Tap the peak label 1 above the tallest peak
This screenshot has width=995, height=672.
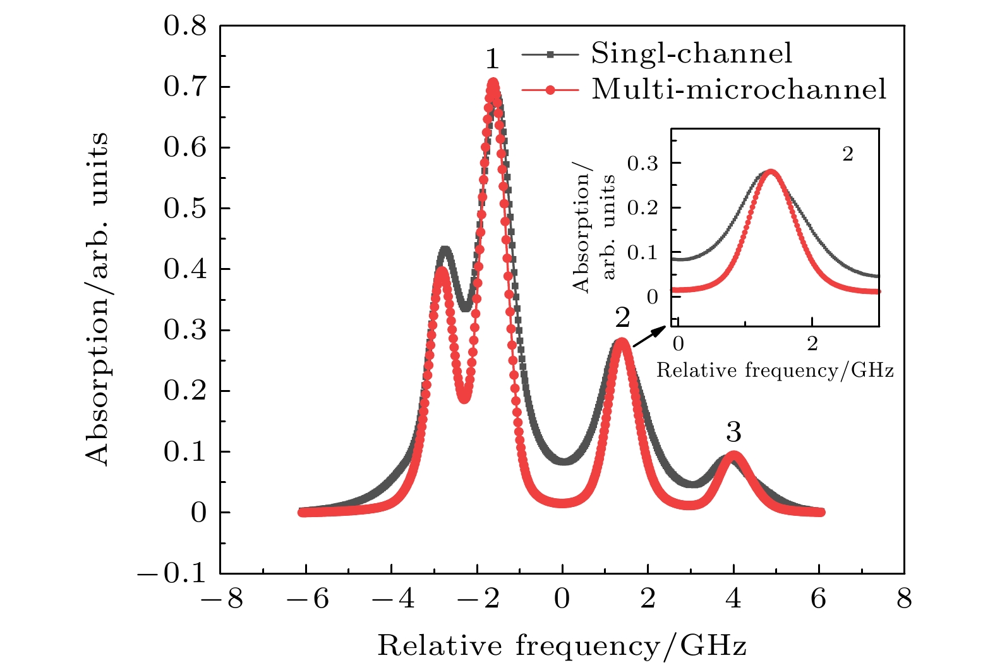click(x=492, y=59)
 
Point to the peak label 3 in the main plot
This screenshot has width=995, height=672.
click(x=733, y=432)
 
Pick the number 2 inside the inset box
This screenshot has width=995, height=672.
click(x=848, y=154)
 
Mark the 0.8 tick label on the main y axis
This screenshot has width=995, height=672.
click(x=184, y=27)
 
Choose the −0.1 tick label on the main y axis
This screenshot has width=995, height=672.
click(x=172, y=573)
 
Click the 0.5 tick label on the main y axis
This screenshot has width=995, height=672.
click(x=184, y=209)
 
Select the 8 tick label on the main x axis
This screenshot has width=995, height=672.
click(x=904, y=598)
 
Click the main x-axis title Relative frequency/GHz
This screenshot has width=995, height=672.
click(x=562, y=646)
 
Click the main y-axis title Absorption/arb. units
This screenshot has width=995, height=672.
click(x=97, y=299)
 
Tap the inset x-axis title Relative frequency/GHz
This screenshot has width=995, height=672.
click(x=775, y=370)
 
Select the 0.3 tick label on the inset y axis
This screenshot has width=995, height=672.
click(x=642, y=164)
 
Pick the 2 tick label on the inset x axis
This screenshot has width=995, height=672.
click(x=812, y=344)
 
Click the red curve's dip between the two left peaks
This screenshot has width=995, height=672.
click(x=464, y=397)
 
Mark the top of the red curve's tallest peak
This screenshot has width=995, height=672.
click(x=493, y=82)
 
